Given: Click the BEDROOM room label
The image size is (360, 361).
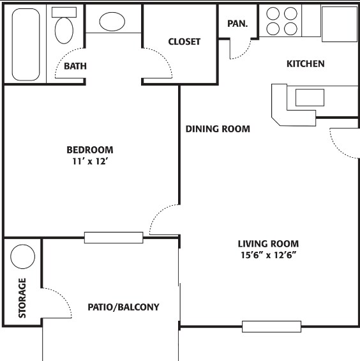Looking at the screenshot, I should coord(90,150).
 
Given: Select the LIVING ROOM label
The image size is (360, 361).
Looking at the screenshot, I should coord(268,243).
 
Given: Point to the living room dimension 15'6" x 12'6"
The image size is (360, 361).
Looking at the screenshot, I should coord(268,254).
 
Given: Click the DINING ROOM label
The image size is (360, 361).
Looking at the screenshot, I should coord(218,129).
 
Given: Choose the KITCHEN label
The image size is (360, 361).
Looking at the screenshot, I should coord(305,64).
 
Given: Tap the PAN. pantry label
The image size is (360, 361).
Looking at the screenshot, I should coord(237,24).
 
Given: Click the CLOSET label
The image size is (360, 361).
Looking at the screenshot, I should coord(184,42).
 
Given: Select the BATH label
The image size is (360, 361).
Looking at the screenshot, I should coord(75,66).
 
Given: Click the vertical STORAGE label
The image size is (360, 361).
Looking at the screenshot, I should coord(22,298).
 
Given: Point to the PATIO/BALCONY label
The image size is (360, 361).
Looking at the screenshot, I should coord(123,307).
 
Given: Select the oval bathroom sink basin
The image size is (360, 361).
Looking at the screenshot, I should coord(113,21).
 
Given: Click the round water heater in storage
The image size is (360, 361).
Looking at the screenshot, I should coord(23,257).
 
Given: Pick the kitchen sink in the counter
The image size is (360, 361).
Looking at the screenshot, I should coord(309,97).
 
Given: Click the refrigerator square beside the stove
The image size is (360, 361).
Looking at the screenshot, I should coord(339,23).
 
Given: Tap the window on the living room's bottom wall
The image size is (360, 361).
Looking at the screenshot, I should coord(271,326).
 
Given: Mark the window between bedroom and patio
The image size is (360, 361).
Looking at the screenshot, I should coord(114,237).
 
